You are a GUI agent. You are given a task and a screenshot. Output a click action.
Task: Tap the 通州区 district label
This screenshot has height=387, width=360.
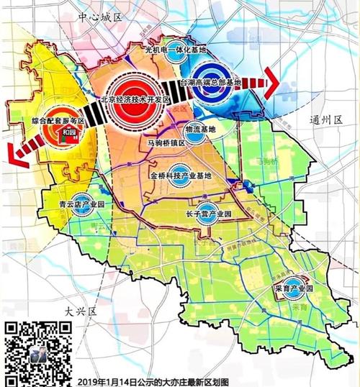[325, 119]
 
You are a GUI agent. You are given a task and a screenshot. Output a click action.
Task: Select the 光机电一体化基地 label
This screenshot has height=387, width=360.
[175, 50]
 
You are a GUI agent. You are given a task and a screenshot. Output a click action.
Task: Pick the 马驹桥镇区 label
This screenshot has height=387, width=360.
[167, 143]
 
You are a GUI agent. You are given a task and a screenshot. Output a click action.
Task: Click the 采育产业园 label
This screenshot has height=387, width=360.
[294, 288]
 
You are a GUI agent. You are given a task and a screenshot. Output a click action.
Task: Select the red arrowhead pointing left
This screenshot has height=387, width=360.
[11, 152]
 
